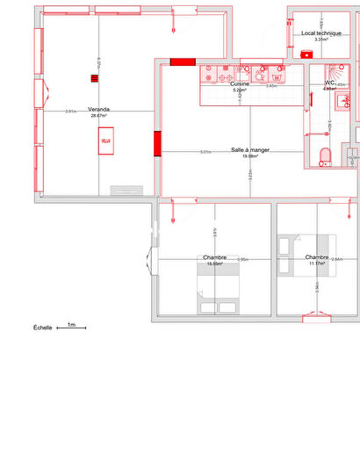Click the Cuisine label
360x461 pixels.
pyautogui.click(x=240, y=84)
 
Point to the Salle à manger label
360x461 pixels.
pyautogui.click(x=249, y=150)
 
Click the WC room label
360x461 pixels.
pyautogui.click(x=330, y=83)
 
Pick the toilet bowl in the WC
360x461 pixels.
pyautogui.click(x=325, y=156)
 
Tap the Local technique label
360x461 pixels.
pyautogui.click(x=320, y=33)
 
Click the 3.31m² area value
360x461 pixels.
pyautogui.click(x=321, y=40)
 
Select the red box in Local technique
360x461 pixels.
pyautogui.click(x=306, y=54)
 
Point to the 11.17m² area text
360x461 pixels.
pyautogui.click(x=315, y=263)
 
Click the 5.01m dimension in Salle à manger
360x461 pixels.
pyautogui.click(x=205, y=152)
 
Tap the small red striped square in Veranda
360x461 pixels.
pyautogui.click(x=93, y=78)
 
